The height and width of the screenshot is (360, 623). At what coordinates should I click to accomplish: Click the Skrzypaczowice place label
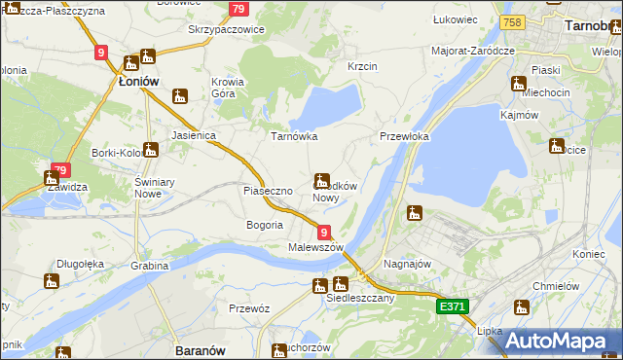(x=226, y=30)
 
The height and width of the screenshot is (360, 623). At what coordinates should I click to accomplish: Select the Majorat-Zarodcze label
(x=473, y=50)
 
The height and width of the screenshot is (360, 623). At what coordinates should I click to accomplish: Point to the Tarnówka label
(x=294, y=137)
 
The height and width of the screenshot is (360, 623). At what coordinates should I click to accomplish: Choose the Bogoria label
(x=265, y=225)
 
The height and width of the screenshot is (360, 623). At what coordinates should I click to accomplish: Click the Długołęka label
(x=80, y=262)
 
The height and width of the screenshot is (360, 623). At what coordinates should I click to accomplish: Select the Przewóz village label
(x=247, y=308)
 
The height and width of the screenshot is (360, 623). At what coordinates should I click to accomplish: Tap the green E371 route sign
(x=453, y=306)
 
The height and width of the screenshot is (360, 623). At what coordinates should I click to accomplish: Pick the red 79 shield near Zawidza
(x=60, y=170)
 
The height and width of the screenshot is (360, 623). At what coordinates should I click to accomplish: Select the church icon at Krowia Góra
(x=179, y=96)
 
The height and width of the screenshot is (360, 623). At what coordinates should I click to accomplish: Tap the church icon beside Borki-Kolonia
(x=152, y=151)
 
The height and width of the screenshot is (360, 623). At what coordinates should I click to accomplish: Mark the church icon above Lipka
(x=522, y=308)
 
